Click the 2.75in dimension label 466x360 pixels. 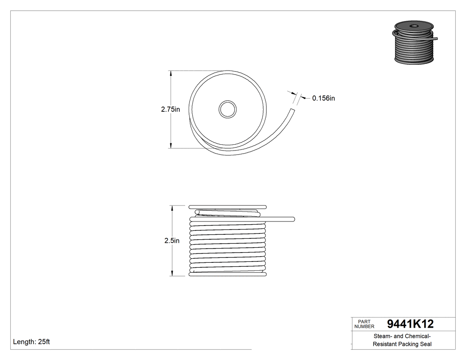coord(170,109)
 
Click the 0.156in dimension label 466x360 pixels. coord(323,98)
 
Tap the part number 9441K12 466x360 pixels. coord(410,324)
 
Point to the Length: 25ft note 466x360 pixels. coord(32,342)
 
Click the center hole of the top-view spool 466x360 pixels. coord(228,109)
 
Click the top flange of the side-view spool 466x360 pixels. coord(227,207)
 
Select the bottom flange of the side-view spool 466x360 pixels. coord(227,274)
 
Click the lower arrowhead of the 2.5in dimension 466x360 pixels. coord(172,273)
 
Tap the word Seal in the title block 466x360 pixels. coord(427,344)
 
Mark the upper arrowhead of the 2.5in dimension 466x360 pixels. coord(172,208)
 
